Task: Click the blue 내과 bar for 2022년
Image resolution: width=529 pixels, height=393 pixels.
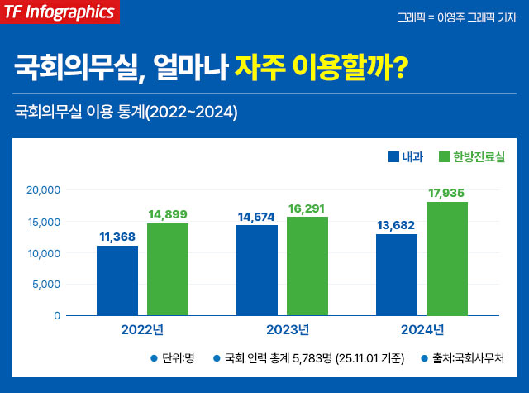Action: click(117, 280)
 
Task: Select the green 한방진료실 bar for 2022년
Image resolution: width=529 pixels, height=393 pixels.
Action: click(168, 270)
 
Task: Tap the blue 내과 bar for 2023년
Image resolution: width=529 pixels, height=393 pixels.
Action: click(257, 271)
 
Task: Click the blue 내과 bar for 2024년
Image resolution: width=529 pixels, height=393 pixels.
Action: click(397, 275)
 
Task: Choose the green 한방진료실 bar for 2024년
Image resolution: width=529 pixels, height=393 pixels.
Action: click(447, 259)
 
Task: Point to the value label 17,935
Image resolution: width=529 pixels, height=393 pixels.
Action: click(447, 193)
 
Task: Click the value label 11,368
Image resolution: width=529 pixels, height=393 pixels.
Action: click(117, 237)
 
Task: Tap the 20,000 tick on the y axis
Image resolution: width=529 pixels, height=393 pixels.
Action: click(44, 190)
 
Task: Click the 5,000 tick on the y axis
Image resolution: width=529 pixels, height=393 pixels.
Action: click(47, 285)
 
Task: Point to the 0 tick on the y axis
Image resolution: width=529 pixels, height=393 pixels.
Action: click(57, 316)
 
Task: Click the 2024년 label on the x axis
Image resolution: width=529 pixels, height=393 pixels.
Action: click(422, 330)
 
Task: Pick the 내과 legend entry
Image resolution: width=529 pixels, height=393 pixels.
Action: click(406, 156)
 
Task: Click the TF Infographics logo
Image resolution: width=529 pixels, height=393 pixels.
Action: click(60, 12)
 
